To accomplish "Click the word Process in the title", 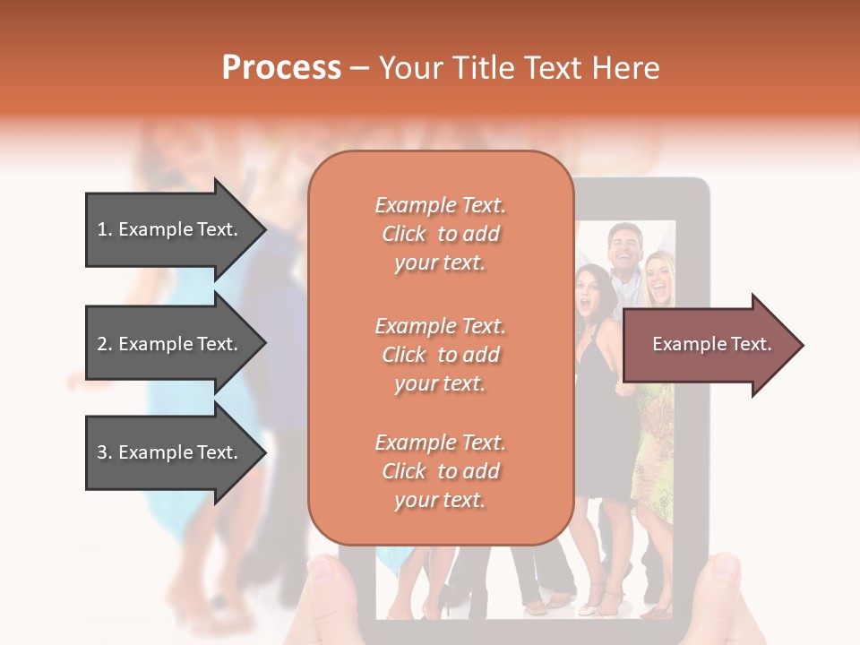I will (281, 68).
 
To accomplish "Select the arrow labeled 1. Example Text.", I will (170, 229).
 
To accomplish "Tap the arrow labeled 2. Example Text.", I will (170, 344).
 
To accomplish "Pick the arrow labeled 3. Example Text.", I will (170, 452).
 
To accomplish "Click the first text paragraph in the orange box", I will (440, 234).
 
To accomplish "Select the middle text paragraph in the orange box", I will (440, 355).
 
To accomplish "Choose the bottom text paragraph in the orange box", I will (440, 471).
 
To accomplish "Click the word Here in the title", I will (631, 68).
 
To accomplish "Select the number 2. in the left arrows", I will (105, 344).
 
